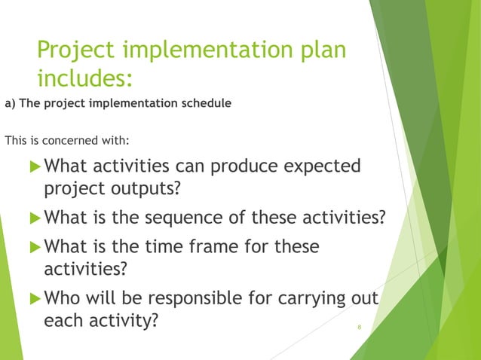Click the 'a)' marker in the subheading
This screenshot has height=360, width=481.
coord(10,103)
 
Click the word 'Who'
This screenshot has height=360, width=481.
coord(62,297)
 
